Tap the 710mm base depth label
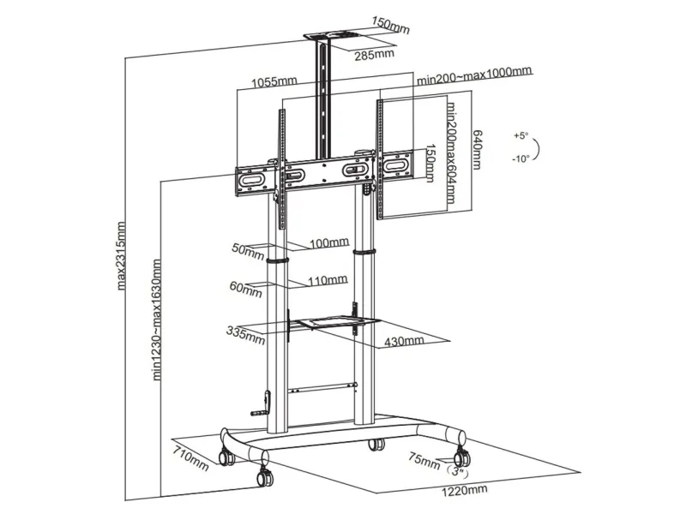click(190, 459)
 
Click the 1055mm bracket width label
click(274, 82)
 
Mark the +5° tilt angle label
click(522, 136)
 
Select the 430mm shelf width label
click(403, 341)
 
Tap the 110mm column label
click(328, 279)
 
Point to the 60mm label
click(245, 288)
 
